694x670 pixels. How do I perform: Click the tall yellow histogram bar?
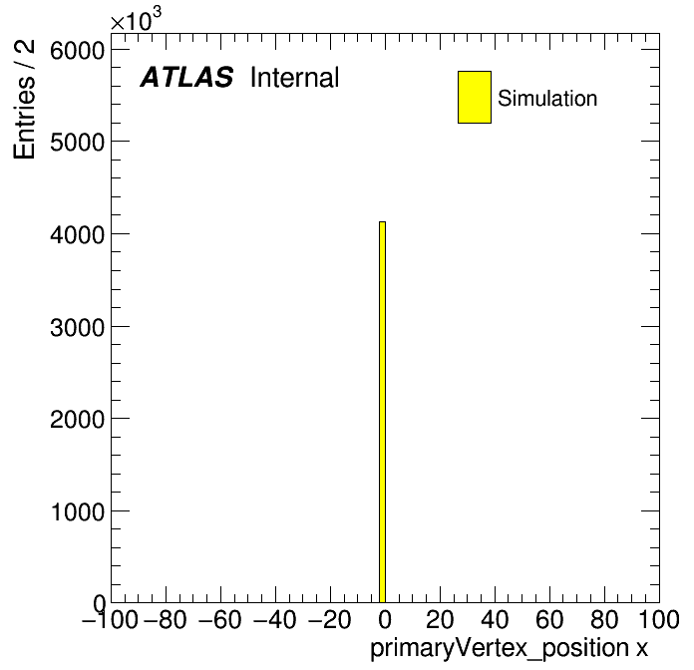[x=383, y=412]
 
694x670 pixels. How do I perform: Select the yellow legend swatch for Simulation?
[x=475, y=97]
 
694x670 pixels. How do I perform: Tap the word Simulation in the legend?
[x=547, y=99]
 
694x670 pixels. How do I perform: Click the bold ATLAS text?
[x=186, y=77]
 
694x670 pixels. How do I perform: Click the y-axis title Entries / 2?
[x=24, y=99]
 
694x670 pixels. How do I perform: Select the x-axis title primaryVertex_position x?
[x=509, y=649]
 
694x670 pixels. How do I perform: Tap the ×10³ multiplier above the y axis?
[x=136, y=19]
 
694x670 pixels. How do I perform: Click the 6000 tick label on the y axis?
[x=77, y=51]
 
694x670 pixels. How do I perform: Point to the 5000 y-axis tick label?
[x=77, y=143]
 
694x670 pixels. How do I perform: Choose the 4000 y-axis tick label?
[x=77, y=235]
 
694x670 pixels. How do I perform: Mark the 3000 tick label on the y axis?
[x=77, y=328]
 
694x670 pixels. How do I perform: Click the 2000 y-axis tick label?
[x=77, y=419]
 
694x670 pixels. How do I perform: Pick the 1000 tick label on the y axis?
[x=77, y=512]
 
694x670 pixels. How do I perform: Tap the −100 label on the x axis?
[x=110, y=619]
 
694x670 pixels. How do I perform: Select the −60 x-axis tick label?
[x=220, y=619]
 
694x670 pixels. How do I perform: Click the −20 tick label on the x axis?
[x=330, y=619]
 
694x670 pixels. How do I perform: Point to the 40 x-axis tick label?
[x=495, y=619]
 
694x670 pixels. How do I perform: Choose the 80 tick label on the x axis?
[x=604, y=619]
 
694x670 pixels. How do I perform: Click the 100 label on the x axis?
[x=659, y=619]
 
